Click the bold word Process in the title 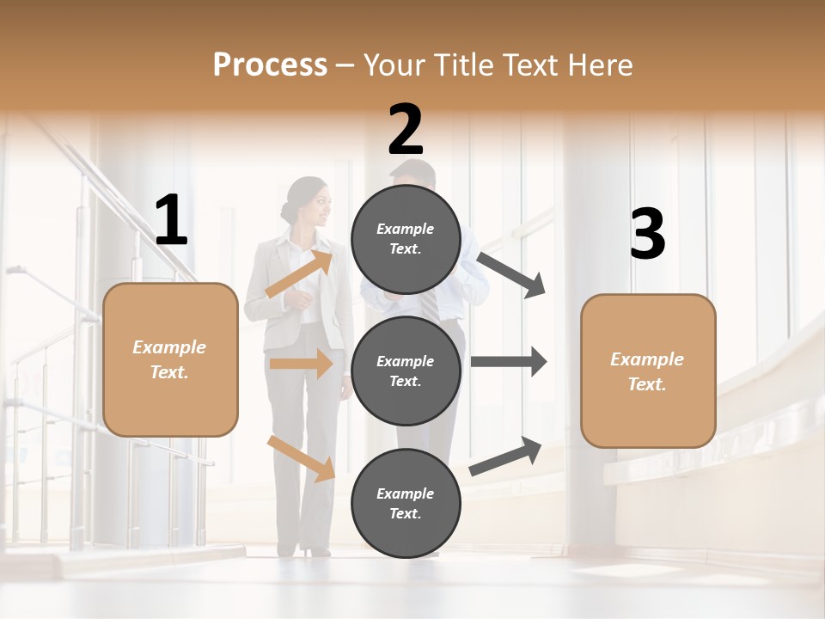click(x=270, y=64)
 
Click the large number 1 click(x=171, y=221)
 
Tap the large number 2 click(x=406, y=129)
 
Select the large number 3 click(x=647, y=235)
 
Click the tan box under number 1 click(x=170, y=359)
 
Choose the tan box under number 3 click(x=648, y=371)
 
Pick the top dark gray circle click(x=406, y=239)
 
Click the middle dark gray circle click(x=406, y=371)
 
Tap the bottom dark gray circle click(x=406, y=503)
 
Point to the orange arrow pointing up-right click(x=298, y=273)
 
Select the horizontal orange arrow click(x=301, y=364)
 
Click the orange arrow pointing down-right click(x=301, y=457)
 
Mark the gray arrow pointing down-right click(x=511, y=274)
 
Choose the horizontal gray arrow click(x=508, y=362)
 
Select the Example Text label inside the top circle click(x=406, y=239)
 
